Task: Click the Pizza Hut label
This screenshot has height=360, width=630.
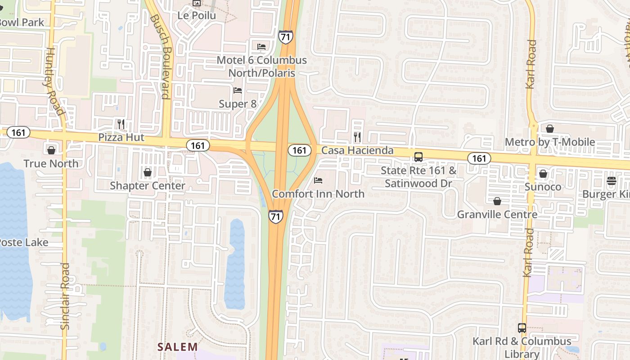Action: point(121,137)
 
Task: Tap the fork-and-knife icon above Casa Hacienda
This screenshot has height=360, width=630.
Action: point(357,137)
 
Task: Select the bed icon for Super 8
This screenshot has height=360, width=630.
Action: point(238,90)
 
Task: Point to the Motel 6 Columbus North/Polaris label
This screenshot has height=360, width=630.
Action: point(261,66)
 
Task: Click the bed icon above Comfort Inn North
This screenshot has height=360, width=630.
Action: point(318,180)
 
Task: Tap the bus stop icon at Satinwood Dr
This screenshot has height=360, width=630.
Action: point(418,157)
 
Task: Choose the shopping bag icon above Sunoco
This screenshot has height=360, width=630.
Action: point(543,174)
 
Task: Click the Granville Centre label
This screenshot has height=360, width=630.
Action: point(497,214)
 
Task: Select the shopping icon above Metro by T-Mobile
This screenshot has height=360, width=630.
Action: point(549,129)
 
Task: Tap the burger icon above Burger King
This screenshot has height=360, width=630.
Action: point(611,181)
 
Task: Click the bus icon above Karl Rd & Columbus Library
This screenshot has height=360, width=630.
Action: point(522,328)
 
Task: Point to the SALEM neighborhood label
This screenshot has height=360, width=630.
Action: point(178,347)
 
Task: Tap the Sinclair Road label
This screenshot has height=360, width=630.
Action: point(65,296)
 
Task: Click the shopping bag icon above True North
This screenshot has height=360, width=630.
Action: point(51,150)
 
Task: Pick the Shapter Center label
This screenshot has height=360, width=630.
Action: point(148,185)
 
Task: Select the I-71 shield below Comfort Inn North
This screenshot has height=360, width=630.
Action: point(276,216)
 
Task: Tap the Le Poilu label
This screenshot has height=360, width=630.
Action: point(197,15)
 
